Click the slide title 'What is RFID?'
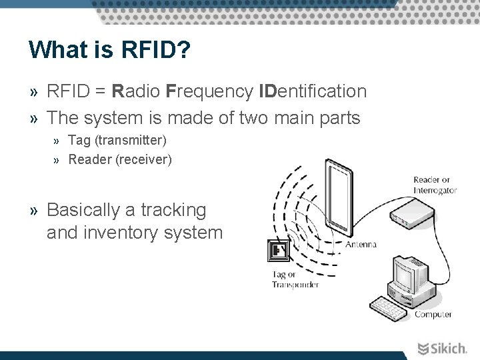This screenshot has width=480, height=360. coord(109,49)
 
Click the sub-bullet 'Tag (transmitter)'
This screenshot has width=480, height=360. coord(117,141)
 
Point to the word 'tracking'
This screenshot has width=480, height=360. coord(173,210)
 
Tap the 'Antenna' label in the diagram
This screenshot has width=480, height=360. coord(361,245)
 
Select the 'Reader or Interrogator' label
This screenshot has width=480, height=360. coord(435,185)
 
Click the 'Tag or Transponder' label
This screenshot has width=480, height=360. coord(295,280)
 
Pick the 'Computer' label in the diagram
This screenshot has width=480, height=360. coord(433,314)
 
